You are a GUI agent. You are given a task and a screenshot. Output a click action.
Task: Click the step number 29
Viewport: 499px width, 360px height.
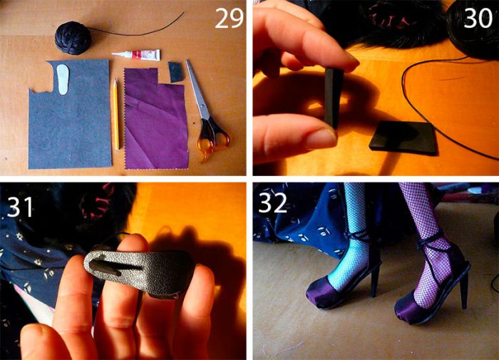[229, 18]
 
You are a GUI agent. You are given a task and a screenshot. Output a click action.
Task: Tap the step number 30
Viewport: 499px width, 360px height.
[478, 18]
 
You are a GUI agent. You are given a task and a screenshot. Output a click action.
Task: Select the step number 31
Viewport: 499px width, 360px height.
[20, 207]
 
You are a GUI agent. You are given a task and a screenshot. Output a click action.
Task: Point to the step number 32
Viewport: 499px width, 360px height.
[273, 202]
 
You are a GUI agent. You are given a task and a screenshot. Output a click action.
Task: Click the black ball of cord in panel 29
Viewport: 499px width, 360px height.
[73, 38]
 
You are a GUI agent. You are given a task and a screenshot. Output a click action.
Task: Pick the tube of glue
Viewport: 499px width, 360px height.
[136, 55]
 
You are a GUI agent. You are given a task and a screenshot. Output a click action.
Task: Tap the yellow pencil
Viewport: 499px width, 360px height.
[116, 114]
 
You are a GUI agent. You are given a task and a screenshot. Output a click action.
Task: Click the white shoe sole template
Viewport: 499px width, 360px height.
[63, 79]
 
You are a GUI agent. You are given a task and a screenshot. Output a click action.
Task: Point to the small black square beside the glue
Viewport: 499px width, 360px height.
[176, 72]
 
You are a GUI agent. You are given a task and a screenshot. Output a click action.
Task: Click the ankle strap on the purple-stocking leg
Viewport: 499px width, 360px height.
[431, 241]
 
